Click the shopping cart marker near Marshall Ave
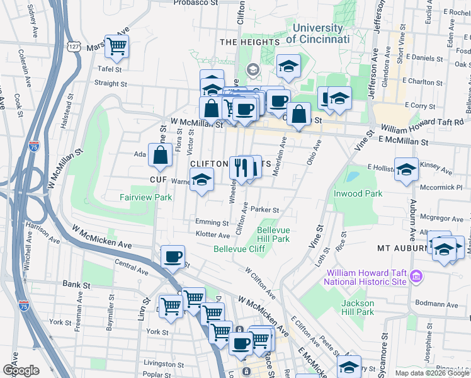click(x=116, y=45)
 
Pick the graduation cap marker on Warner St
click(x=201, y=181)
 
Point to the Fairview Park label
click(x=145, y=197)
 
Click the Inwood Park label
click(x=358, y=193)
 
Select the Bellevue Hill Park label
click(x=273, y=234)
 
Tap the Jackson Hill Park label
click(x=358, y=307)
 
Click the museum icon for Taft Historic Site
click(x=416, y=276)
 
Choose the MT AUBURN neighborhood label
click(x=402, y=248)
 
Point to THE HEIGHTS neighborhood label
click(x=249, y=42)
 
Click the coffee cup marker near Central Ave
click(x=173, y=256)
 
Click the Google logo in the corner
click(x=21, y=370)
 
